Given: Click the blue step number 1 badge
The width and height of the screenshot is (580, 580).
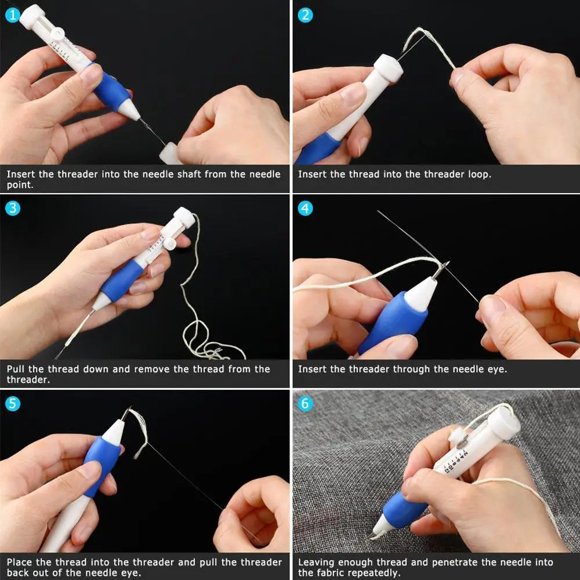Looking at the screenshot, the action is pos(13,15).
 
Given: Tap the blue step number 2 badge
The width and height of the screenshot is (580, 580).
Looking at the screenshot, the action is pos(305,15).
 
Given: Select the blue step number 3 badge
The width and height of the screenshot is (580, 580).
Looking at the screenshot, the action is pos(13,208).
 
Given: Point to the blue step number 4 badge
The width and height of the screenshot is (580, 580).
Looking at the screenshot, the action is pos(305,208).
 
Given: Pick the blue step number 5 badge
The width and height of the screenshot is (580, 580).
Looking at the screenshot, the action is pos(13,404).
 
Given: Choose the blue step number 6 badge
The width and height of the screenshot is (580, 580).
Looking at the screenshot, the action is pos(305,404).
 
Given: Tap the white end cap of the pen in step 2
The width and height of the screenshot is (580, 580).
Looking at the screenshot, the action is pos(389,68).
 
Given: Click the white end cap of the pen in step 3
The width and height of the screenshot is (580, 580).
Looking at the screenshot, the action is pos(184,217).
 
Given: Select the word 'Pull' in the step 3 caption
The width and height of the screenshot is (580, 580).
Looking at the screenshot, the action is pos(15,369).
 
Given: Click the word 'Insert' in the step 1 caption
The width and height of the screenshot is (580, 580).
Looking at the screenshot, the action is pos(21,174).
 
